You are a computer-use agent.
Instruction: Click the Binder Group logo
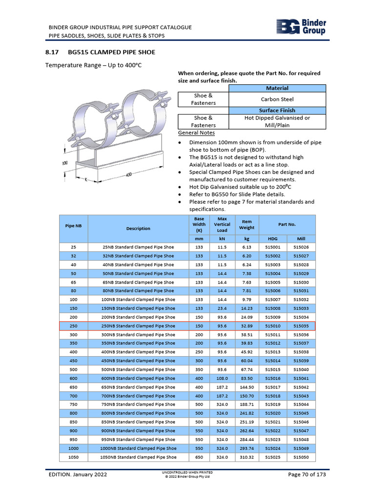(301, 27)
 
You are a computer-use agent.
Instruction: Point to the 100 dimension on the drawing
(64, 163)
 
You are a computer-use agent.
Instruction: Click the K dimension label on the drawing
(85, 180)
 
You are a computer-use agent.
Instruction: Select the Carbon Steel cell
(277, 99)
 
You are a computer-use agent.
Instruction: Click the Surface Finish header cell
(277, 110)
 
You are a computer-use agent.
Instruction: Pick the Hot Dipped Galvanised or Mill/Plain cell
(277, 121)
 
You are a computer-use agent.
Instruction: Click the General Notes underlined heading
(196, 133)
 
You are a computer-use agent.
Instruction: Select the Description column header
(138, 228)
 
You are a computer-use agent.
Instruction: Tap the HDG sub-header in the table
(272, 239)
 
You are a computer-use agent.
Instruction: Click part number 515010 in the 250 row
(272, 326)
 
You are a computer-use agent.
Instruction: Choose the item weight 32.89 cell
(247, 326)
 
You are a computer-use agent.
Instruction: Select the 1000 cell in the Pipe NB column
(73, 448)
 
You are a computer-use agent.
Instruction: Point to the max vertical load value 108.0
(222, 378)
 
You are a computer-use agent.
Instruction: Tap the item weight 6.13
(247, 247)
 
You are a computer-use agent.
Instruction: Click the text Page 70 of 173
(307, 475)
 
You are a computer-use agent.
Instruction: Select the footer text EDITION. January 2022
(78, 475)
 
